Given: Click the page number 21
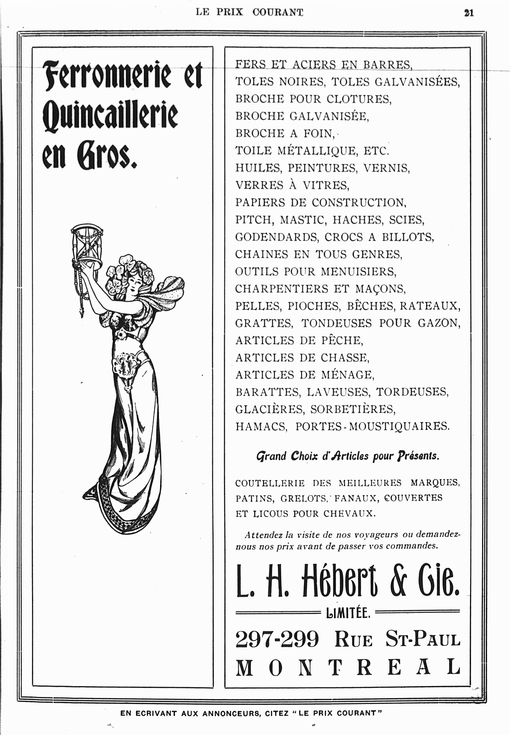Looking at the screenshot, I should click(469, 13).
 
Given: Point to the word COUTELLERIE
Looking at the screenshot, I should click(270, 483).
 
